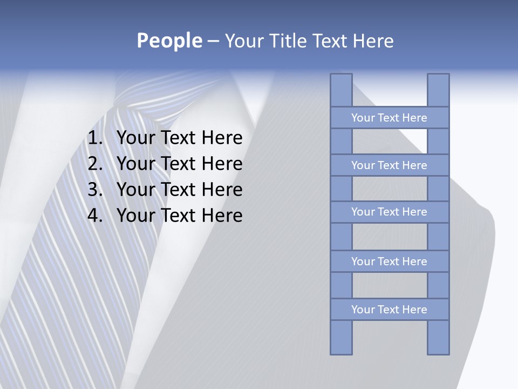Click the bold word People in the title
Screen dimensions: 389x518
coord(169,41)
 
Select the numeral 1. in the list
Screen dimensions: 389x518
coord(95,138)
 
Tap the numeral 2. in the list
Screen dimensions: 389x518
coord(95,164)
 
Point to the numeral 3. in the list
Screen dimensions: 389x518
coord(95,190)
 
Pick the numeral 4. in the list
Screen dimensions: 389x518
coord(95,216)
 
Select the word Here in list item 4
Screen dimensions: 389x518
coord(222,216)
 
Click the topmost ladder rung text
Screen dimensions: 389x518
coord(389,118)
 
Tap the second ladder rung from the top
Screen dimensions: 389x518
coord(389,165)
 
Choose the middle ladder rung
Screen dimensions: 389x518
coord(389,212)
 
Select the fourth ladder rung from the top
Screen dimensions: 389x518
coord(389,261)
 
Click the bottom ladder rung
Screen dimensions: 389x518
coord(389,310)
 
